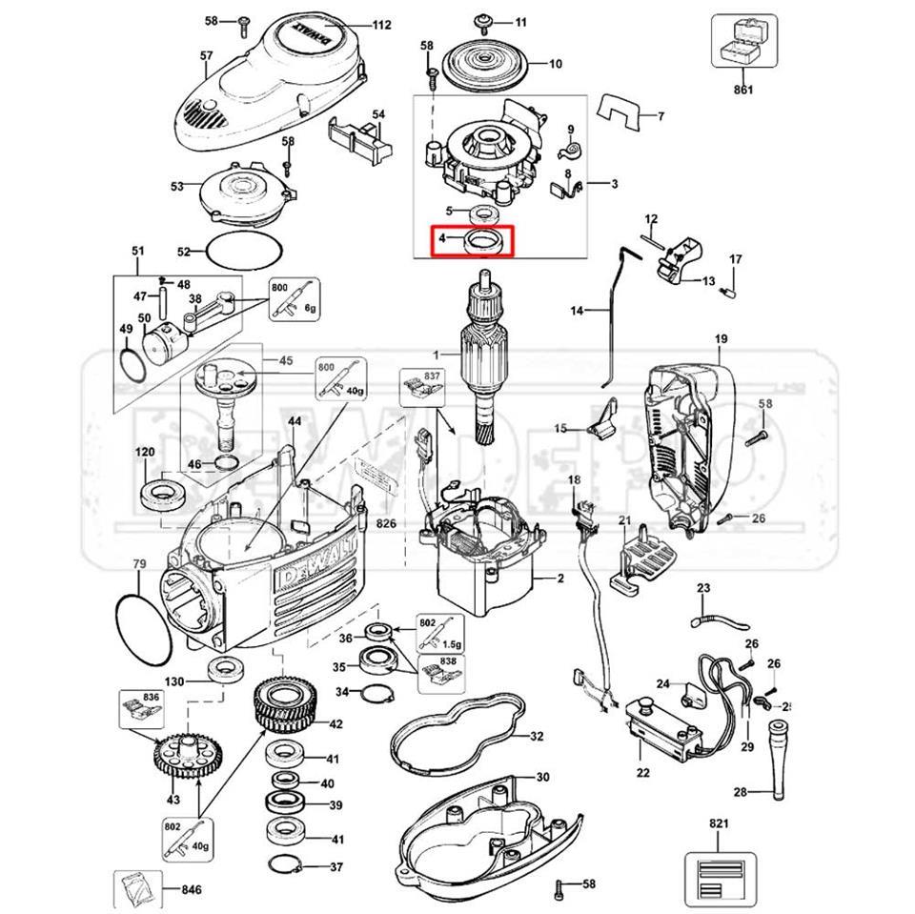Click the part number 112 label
click(381, 26)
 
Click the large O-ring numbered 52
click(245, 251)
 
